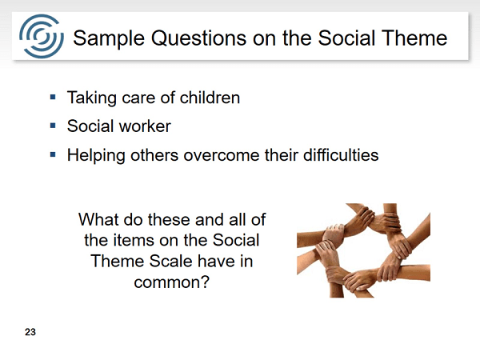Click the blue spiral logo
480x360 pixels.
(x=42, y=36)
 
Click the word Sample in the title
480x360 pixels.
(x=109, y=38)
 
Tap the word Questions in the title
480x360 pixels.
(x=199, y=38)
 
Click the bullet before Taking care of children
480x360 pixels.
(x=53, y=98)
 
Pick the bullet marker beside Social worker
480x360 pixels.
(x=53, y=126)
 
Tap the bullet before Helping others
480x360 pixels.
(x=53, y=154)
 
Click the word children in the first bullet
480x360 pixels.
(x=210, y=98)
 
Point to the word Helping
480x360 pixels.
(x=96, y=156)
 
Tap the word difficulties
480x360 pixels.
(x=341, y=154)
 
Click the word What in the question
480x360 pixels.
(x=98, y=219)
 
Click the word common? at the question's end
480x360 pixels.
(x=171, y=282)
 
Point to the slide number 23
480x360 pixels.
(x=30, y=332)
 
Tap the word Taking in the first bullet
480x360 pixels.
(x=92, y=98)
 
